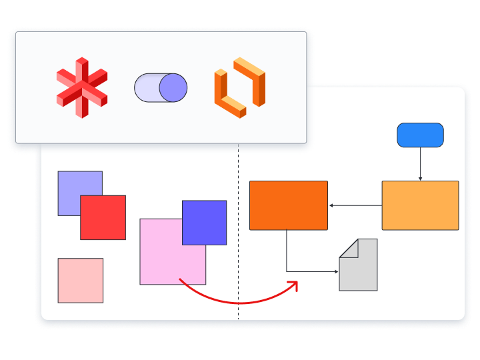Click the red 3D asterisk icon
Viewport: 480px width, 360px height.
click(x=81, y=87)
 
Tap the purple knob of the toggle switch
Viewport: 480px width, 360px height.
click(x=173, y=88)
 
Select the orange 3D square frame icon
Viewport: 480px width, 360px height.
click(x=240, y=88)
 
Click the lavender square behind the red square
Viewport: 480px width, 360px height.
click(x=69, y=183)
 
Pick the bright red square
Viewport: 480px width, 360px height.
click(x=103, y=217)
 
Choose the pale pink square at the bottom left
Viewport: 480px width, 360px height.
click(x=81, y=280)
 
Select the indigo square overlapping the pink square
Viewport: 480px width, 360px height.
click(x=205, y=223)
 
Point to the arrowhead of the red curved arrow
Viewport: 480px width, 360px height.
click(x=293, y=284)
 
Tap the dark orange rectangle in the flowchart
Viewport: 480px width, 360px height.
click(x=289, y=205)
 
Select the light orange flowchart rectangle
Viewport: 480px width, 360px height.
click(x=420, y=205)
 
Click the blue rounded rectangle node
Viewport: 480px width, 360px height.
click(x=420, y=135)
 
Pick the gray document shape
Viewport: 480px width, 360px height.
click(x=358, y=270)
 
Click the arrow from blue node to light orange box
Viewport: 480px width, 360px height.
click(x=420, y=164)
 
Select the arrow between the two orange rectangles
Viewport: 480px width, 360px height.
click(x=355, y=205)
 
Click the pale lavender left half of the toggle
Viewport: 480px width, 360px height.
click(x=147, y=88)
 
